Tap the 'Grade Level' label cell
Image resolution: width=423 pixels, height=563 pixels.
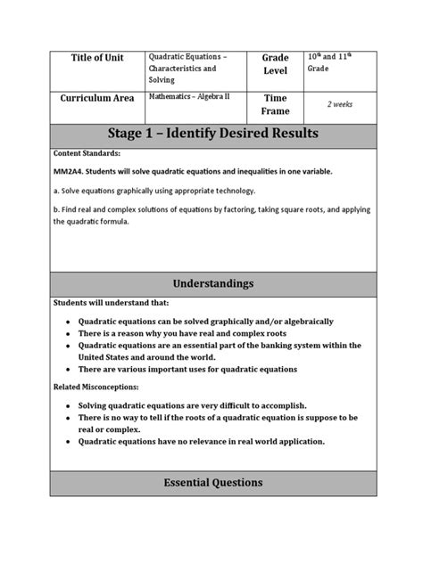[275, 65]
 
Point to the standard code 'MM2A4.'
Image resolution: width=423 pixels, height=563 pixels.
[71, 172]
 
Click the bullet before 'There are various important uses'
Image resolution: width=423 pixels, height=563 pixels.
[68, 369]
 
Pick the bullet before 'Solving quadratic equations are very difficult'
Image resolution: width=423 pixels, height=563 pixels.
[68, 405]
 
